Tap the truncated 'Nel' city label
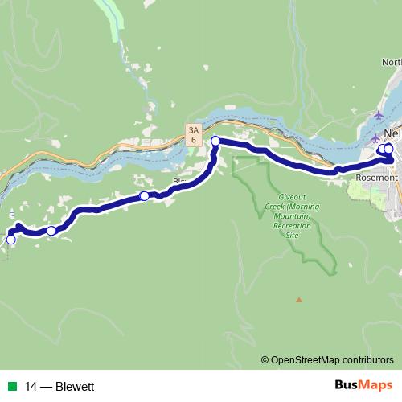392,133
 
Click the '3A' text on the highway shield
193,129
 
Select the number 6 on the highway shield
193,140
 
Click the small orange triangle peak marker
299,300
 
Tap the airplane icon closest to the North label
378,115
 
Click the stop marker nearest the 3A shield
215,142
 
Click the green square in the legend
10,387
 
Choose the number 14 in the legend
30,387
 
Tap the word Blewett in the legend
76,387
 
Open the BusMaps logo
363,386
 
